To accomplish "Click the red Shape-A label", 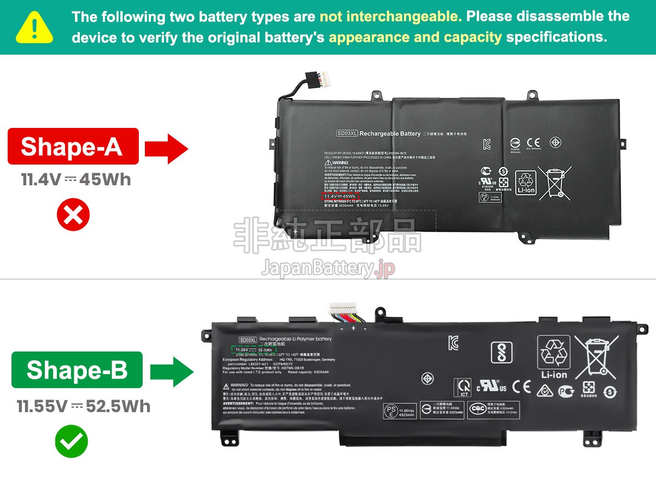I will (x=73, y=147).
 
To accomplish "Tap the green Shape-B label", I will (x=77, y=370).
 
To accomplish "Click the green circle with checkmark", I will (x=71, y=441).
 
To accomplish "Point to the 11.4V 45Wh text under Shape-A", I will (x=76, y=180).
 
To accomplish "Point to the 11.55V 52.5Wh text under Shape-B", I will (x=83, y=406).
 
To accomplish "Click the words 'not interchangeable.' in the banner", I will (x=390, y=16).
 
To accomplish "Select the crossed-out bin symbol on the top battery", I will (x=554, y=183).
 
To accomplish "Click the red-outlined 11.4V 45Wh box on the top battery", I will (x=340, y=196).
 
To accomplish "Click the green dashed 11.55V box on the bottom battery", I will (x=254, y=350).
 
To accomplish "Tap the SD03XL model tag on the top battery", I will (x=347, y=133).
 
